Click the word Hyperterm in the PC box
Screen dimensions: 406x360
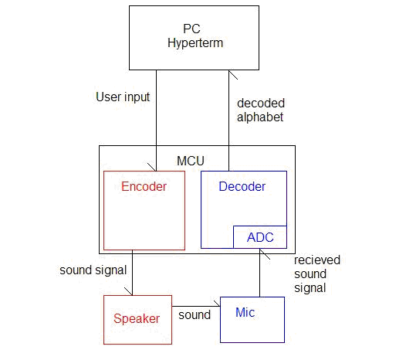click(195, 43)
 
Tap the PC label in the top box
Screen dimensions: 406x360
click(191, 29)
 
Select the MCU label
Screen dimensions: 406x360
click(191, 161)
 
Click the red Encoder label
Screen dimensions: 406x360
click(144, 186)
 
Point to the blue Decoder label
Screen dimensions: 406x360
click(242, 186)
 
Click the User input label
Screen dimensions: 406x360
click(123, 97)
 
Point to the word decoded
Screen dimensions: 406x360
click(261, 104)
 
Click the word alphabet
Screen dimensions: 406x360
click(260, 117)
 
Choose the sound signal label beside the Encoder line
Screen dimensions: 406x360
click(93, 270)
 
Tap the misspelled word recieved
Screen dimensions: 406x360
click(317, 260)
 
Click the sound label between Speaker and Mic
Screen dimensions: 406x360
click(195, 315)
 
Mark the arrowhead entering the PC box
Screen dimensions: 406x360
click(229, 71)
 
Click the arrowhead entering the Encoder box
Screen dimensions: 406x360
click(156, 171)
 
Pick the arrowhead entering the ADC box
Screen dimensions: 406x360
click(260, 250)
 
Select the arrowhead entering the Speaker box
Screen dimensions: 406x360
click(132, 295)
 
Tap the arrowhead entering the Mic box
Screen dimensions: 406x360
click(219, 306)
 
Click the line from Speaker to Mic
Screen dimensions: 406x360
click(196, 307)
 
